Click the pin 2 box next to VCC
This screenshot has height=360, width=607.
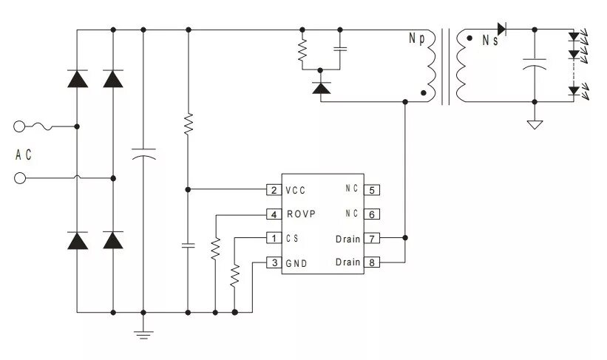(x=274, y=190)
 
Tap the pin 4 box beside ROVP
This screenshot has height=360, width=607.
(x=274, y=214)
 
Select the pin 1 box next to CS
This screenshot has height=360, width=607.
(x=274, y=238)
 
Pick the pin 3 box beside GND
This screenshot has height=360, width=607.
(x=274, y=262)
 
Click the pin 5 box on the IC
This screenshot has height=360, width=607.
(x=372, y=190)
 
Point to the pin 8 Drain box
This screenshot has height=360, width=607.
(x=372, y=262)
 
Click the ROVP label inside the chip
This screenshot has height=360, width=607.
(x=301, y=214)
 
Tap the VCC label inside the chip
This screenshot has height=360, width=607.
(x=296, y=191)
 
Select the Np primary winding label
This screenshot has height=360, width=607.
(x=416, y=38)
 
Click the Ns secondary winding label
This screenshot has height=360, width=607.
(x=490, y=40)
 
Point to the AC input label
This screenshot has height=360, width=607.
(x=23, y=154)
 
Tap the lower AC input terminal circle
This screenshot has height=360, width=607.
(x=20, y=178)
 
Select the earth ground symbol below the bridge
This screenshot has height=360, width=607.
(x=143, y=334)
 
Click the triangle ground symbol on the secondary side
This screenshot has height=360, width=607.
(x=535, y=125)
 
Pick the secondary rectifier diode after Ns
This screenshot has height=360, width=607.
(x=502, y=29)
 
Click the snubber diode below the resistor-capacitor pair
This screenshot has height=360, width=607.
(x=322, y=89)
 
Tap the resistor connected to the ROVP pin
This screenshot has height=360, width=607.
(x=215, y=248)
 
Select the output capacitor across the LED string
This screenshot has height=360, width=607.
(x=535, y=64)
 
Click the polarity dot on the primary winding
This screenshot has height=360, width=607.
(x=424, y=93)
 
